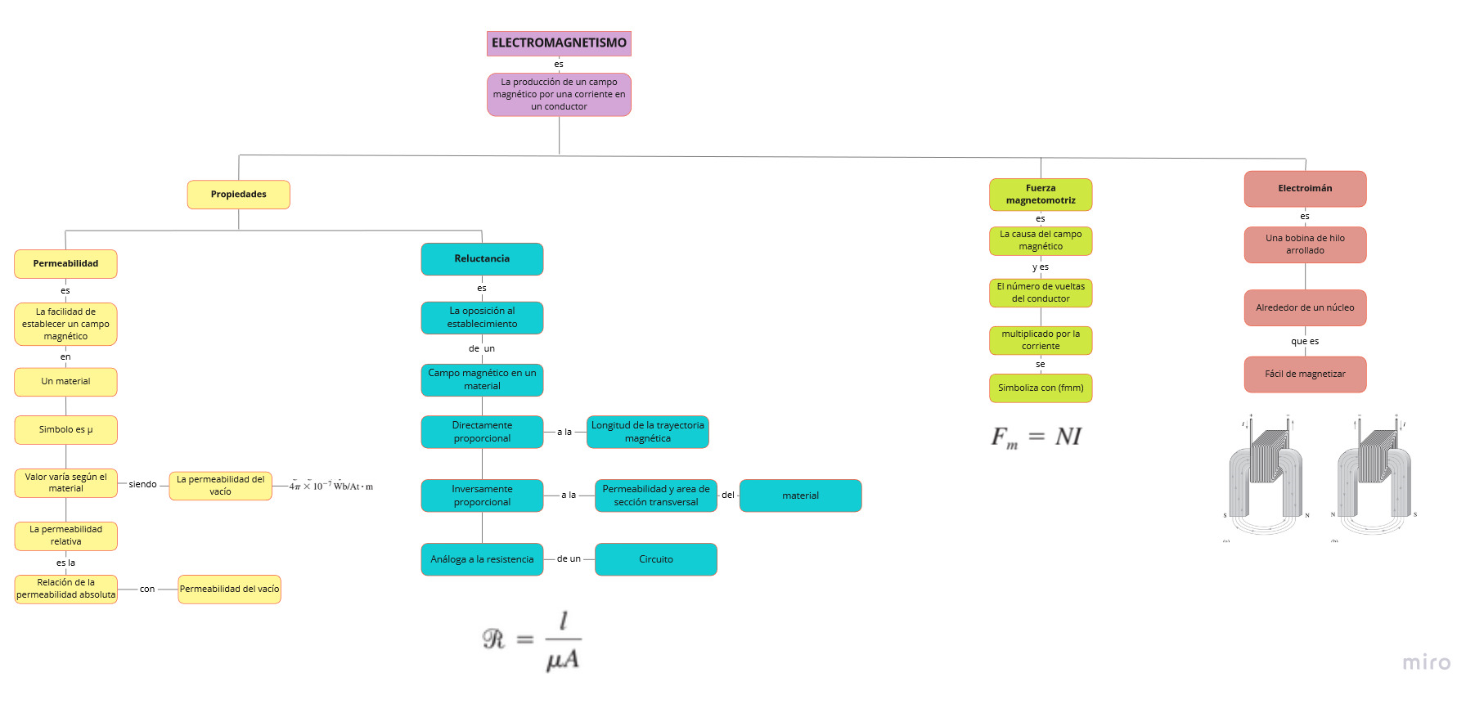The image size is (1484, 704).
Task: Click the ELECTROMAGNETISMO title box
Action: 559,43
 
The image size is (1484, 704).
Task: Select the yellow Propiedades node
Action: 238,195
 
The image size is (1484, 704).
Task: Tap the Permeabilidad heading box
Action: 65,264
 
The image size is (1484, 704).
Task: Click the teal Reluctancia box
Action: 482,258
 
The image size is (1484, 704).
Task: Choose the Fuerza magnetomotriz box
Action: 1041,195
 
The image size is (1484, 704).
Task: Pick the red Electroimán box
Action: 1305,189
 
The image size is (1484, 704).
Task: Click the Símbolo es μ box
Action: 65,429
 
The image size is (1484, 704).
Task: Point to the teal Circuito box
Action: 655,559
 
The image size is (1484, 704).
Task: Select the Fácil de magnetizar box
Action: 1305,374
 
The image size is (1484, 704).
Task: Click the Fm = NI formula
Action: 1037,437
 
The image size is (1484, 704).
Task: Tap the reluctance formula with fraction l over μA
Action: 533,641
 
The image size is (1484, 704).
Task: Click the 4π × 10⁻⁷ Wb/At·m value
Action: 331,486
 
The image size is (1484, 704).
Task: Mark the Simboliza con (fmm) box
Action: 1041,388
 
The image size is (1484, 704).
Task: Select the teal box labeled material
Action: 800,495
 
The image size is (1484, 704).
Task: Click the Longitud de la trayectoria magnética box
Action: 647,432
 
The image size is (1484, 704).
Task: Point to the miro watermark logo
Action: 1426,662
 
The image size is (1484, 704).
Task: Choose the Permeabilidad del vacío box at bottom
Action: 229,589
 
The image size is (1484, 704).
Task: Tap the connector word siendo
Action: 142,485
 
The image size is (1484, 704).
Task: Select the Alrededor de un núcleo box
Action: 1305,308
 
